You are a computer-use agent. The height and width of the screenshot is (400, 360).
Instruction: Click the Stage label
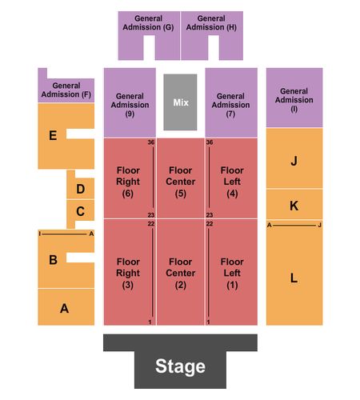pos(180,366)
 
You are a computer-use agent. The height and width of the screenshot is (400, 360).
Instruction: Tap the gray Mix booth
pos(180,102)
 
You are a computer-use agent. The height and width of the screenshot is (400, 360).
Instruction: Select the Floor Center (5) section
pos(181,178)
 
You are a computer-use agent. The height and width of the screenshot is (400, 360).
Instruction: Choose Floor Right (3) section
pos(128,272)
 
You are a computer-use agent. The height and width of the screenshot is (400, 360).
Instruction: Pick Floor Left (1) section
pos(231,272)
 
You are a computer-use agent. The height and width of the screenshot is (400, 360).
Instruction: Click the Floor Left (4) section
pos(231,178)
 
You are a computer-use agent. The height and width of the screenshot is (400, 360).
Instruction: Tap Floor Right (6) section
pos(128,178)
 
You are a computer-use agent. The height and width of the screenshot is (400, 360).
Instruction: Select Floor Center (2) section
pos(181,272)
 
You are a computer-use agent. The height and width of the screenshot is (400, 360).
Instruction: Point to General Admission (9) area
pos(130,102)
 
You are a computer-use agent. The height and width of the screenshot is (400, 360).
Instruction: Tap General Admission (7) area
pos(231,102)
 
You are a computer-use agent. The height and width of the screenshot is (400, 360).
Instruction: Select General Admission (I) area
pos(294,98)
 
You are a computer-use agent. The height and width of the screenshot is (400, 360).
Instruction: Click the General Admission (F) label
pos(66,90)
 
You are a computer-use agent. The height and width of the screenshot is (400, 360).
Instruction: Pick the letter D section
pos(81,189)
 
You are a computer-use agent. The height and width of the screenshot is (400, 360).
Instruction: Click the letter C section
pos(81,211)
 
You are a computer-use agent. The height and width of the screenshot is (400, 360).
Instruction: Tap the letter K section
pos(294,205)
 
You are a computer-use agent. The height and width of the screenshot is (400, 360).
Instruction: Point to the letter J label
pos(294,161)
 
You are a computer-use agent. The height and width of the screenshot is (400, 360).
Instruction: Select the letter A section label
pos(64,309)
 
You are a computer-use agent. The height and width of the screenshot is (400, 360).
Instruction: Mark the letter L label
pos(294,278)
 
